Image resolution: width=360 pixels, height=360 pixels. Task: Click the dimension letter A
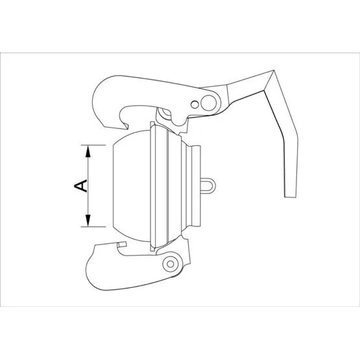click(80, 186)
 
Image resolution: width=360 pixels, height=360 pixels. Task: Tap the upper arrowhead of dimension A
click(88, 151)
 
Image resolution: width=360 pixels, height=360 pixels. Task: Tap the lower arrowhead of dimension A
click(88, 221)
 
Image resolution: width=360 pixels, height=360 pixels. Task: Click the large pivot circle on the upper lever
click(208, 102)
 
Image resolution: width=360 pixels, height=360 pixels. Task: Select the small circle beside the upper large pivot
click(195, 104)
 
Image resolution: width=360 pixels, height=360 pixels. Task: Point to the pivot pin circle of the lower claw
click(170, 264)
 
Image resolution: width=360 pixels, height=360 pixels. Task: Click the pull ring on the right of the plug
click(208, 186)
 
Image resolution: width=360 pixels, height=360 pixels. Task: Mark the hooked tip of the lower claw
click(122, 245)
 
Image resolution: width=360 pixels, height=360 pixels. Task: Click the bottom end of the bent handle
click(291, 197)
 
